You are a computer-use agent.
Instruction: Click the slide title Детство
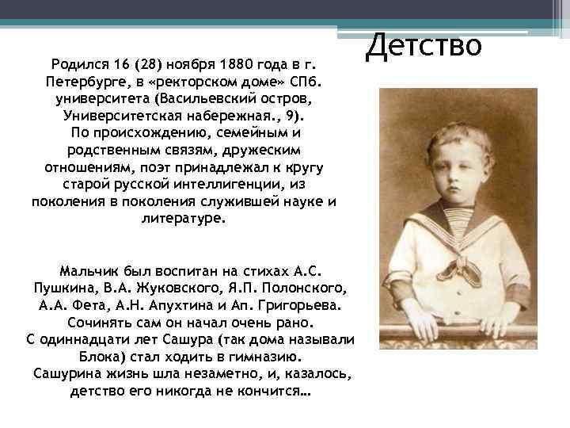click(x=424, y=44)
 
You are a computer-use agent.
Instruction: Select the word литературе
click(x=183, y=218)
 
